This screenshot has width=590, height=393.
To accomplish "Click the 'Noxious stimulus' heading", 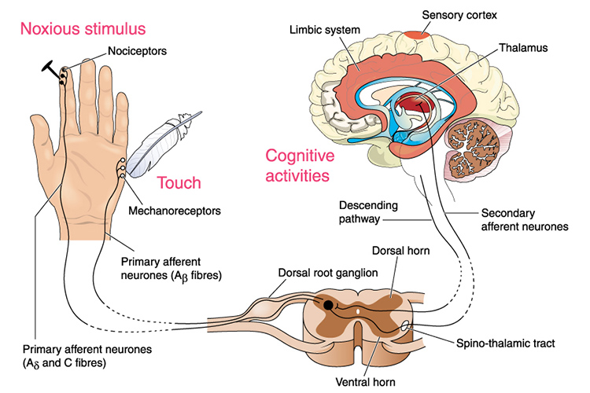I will coord(83,30).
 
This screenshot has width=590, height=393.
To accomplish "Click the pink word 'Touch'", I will coord(179,183).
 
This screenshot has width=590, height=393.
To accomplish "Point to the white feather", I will coord(161,145).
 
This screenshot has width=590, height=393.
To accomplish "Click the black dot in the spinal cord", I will coord(326,303).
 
